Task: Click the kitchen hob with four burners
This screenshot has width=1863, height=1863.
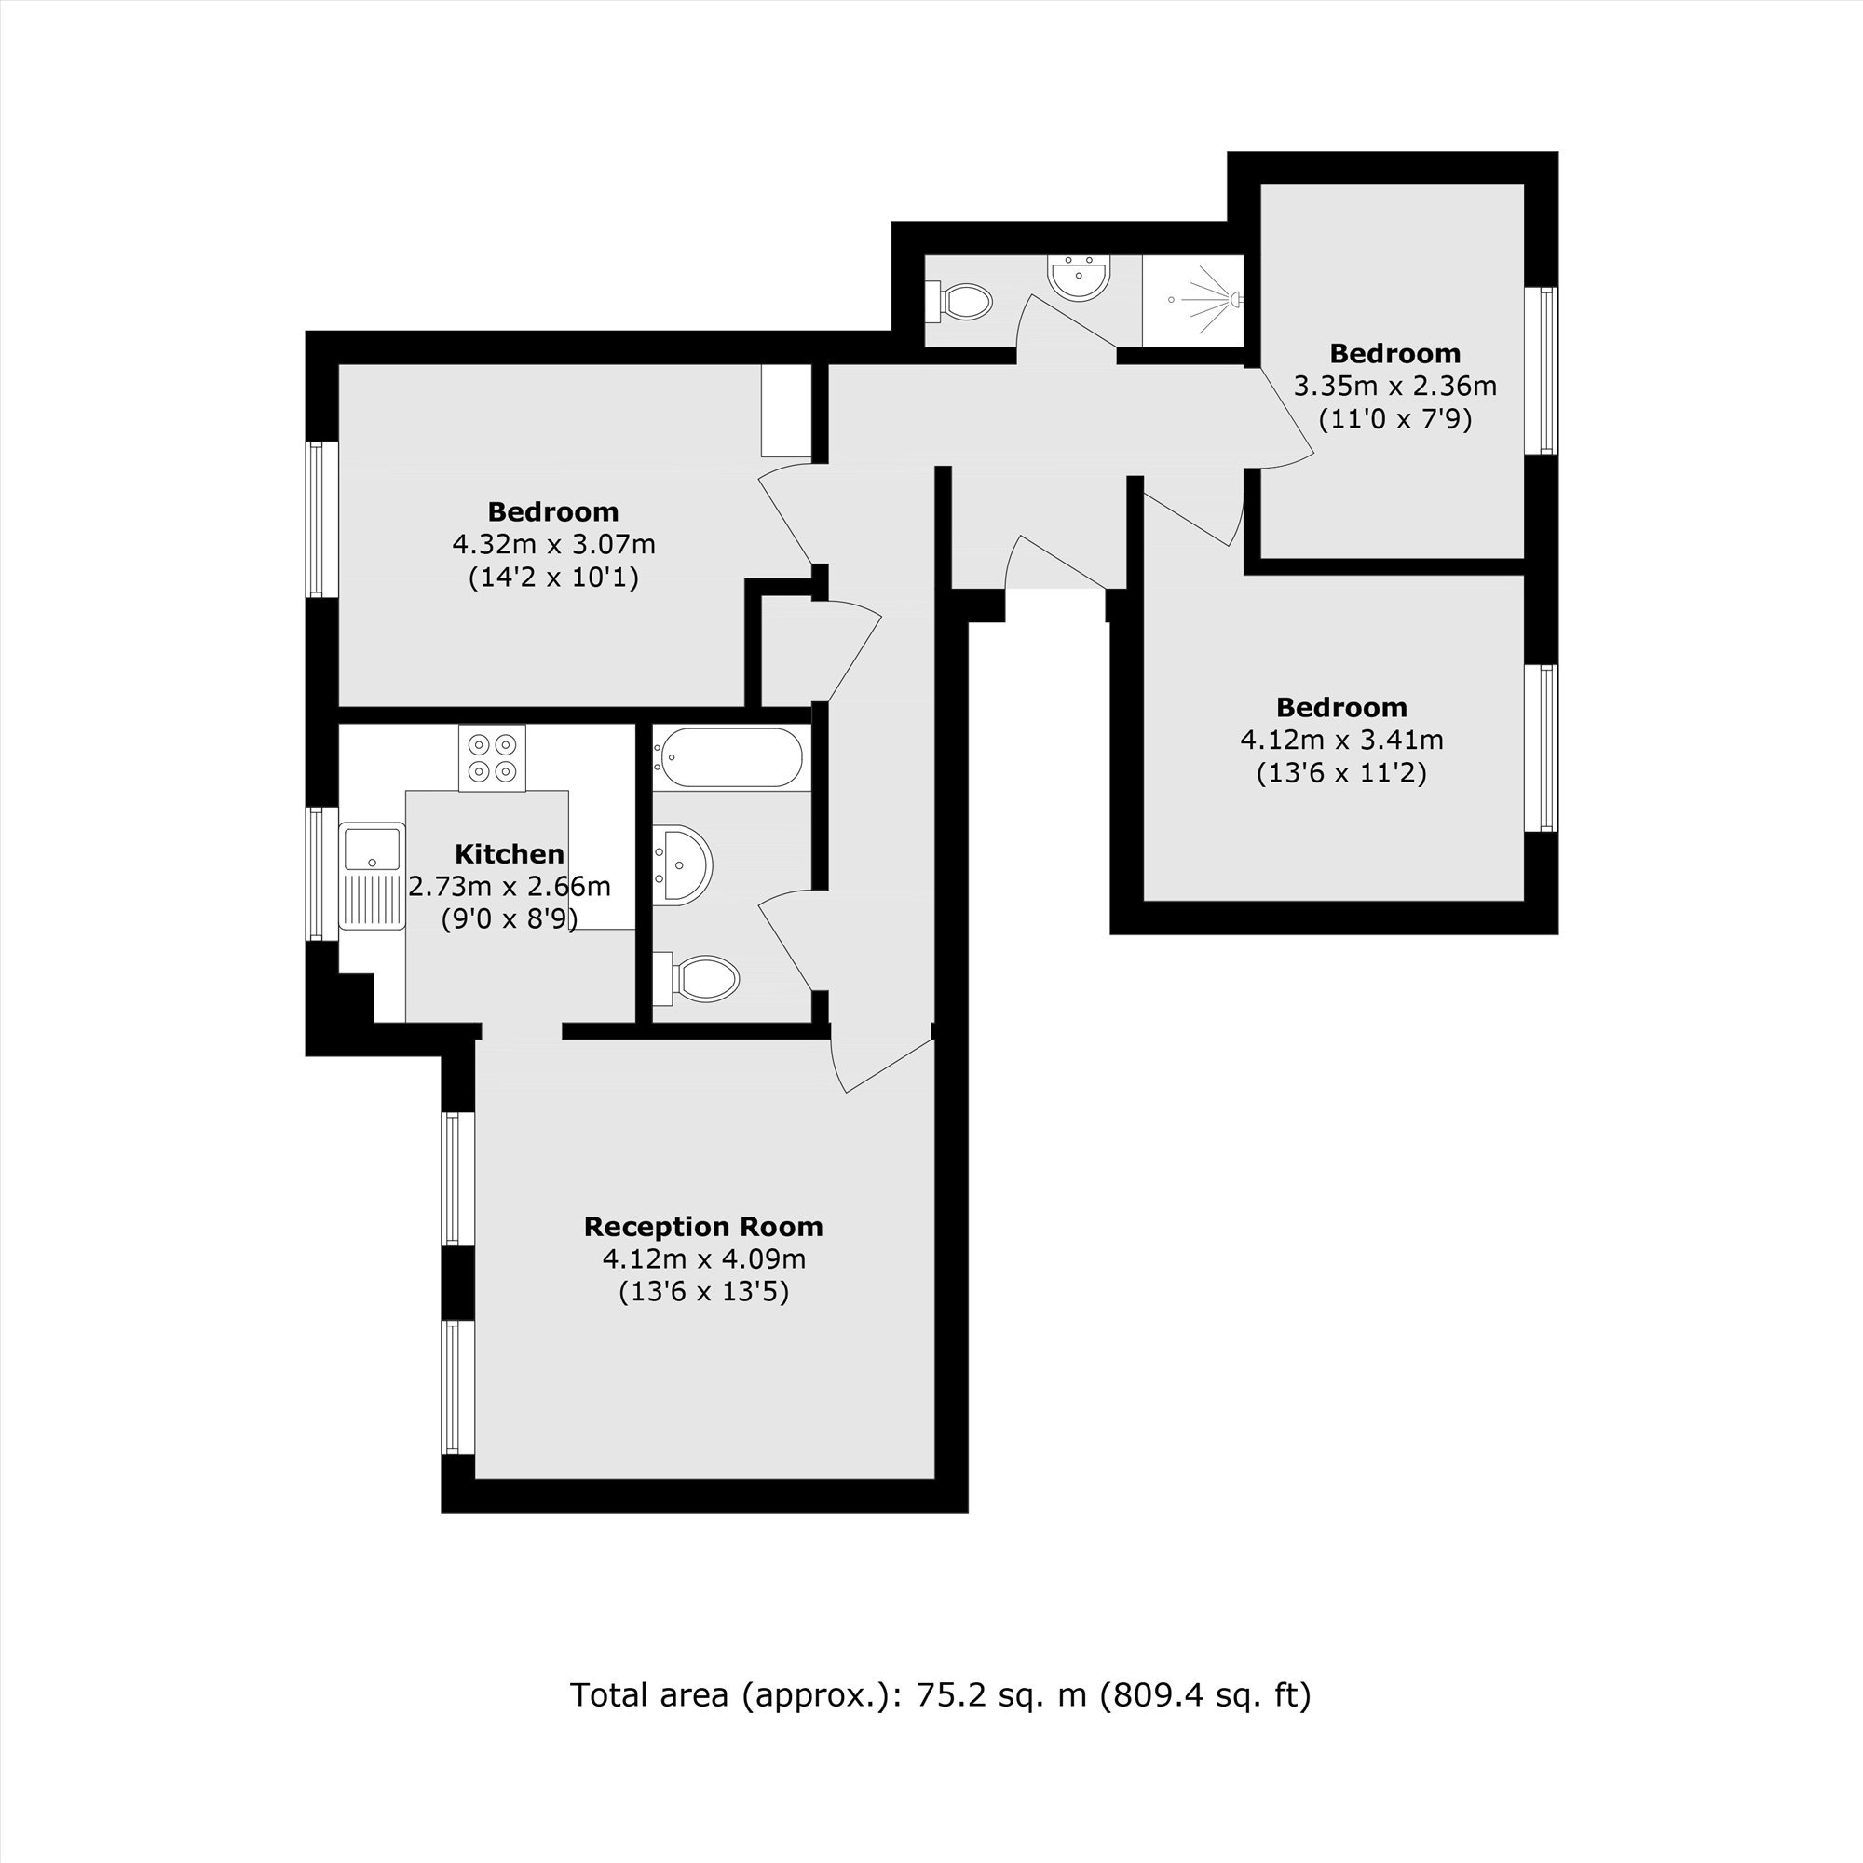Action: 492,758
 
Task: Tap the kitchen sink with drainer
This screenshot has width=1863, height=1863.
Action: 373,876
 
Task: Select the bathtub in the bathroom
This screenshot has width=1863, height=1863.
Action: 729,757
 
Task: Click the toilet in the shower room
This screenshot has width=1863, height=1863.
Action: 959,301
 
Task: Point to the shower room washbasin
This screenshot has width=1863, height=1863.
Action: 1080,278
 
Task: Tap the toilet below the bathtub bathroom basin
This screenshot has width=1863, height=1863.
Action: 695,979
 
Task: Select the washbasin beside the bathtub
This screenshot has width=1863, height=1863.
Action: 682,865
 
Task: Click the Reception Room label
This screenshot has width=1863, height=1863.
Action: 704,1227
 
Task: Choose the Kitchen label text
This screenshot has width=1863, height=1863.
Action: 510,853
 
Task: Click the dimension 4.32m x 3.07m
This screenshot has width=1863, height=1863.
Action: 554,544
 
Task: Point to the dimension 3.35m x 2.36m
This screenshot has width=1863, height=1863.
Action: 1395,386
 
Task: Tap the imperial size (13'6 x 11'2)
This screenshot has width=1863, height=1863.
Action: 1341,772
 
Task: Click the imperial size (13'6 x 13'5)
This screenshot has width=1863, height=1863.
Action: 704,1291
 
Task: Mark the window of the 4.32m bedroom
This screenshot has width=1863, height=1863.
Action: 322,520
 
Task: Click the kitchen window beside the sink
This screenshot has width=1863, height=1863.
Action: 322,874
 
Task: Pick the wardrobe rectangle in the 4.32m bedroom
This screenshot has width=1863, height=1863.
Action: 787,411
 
